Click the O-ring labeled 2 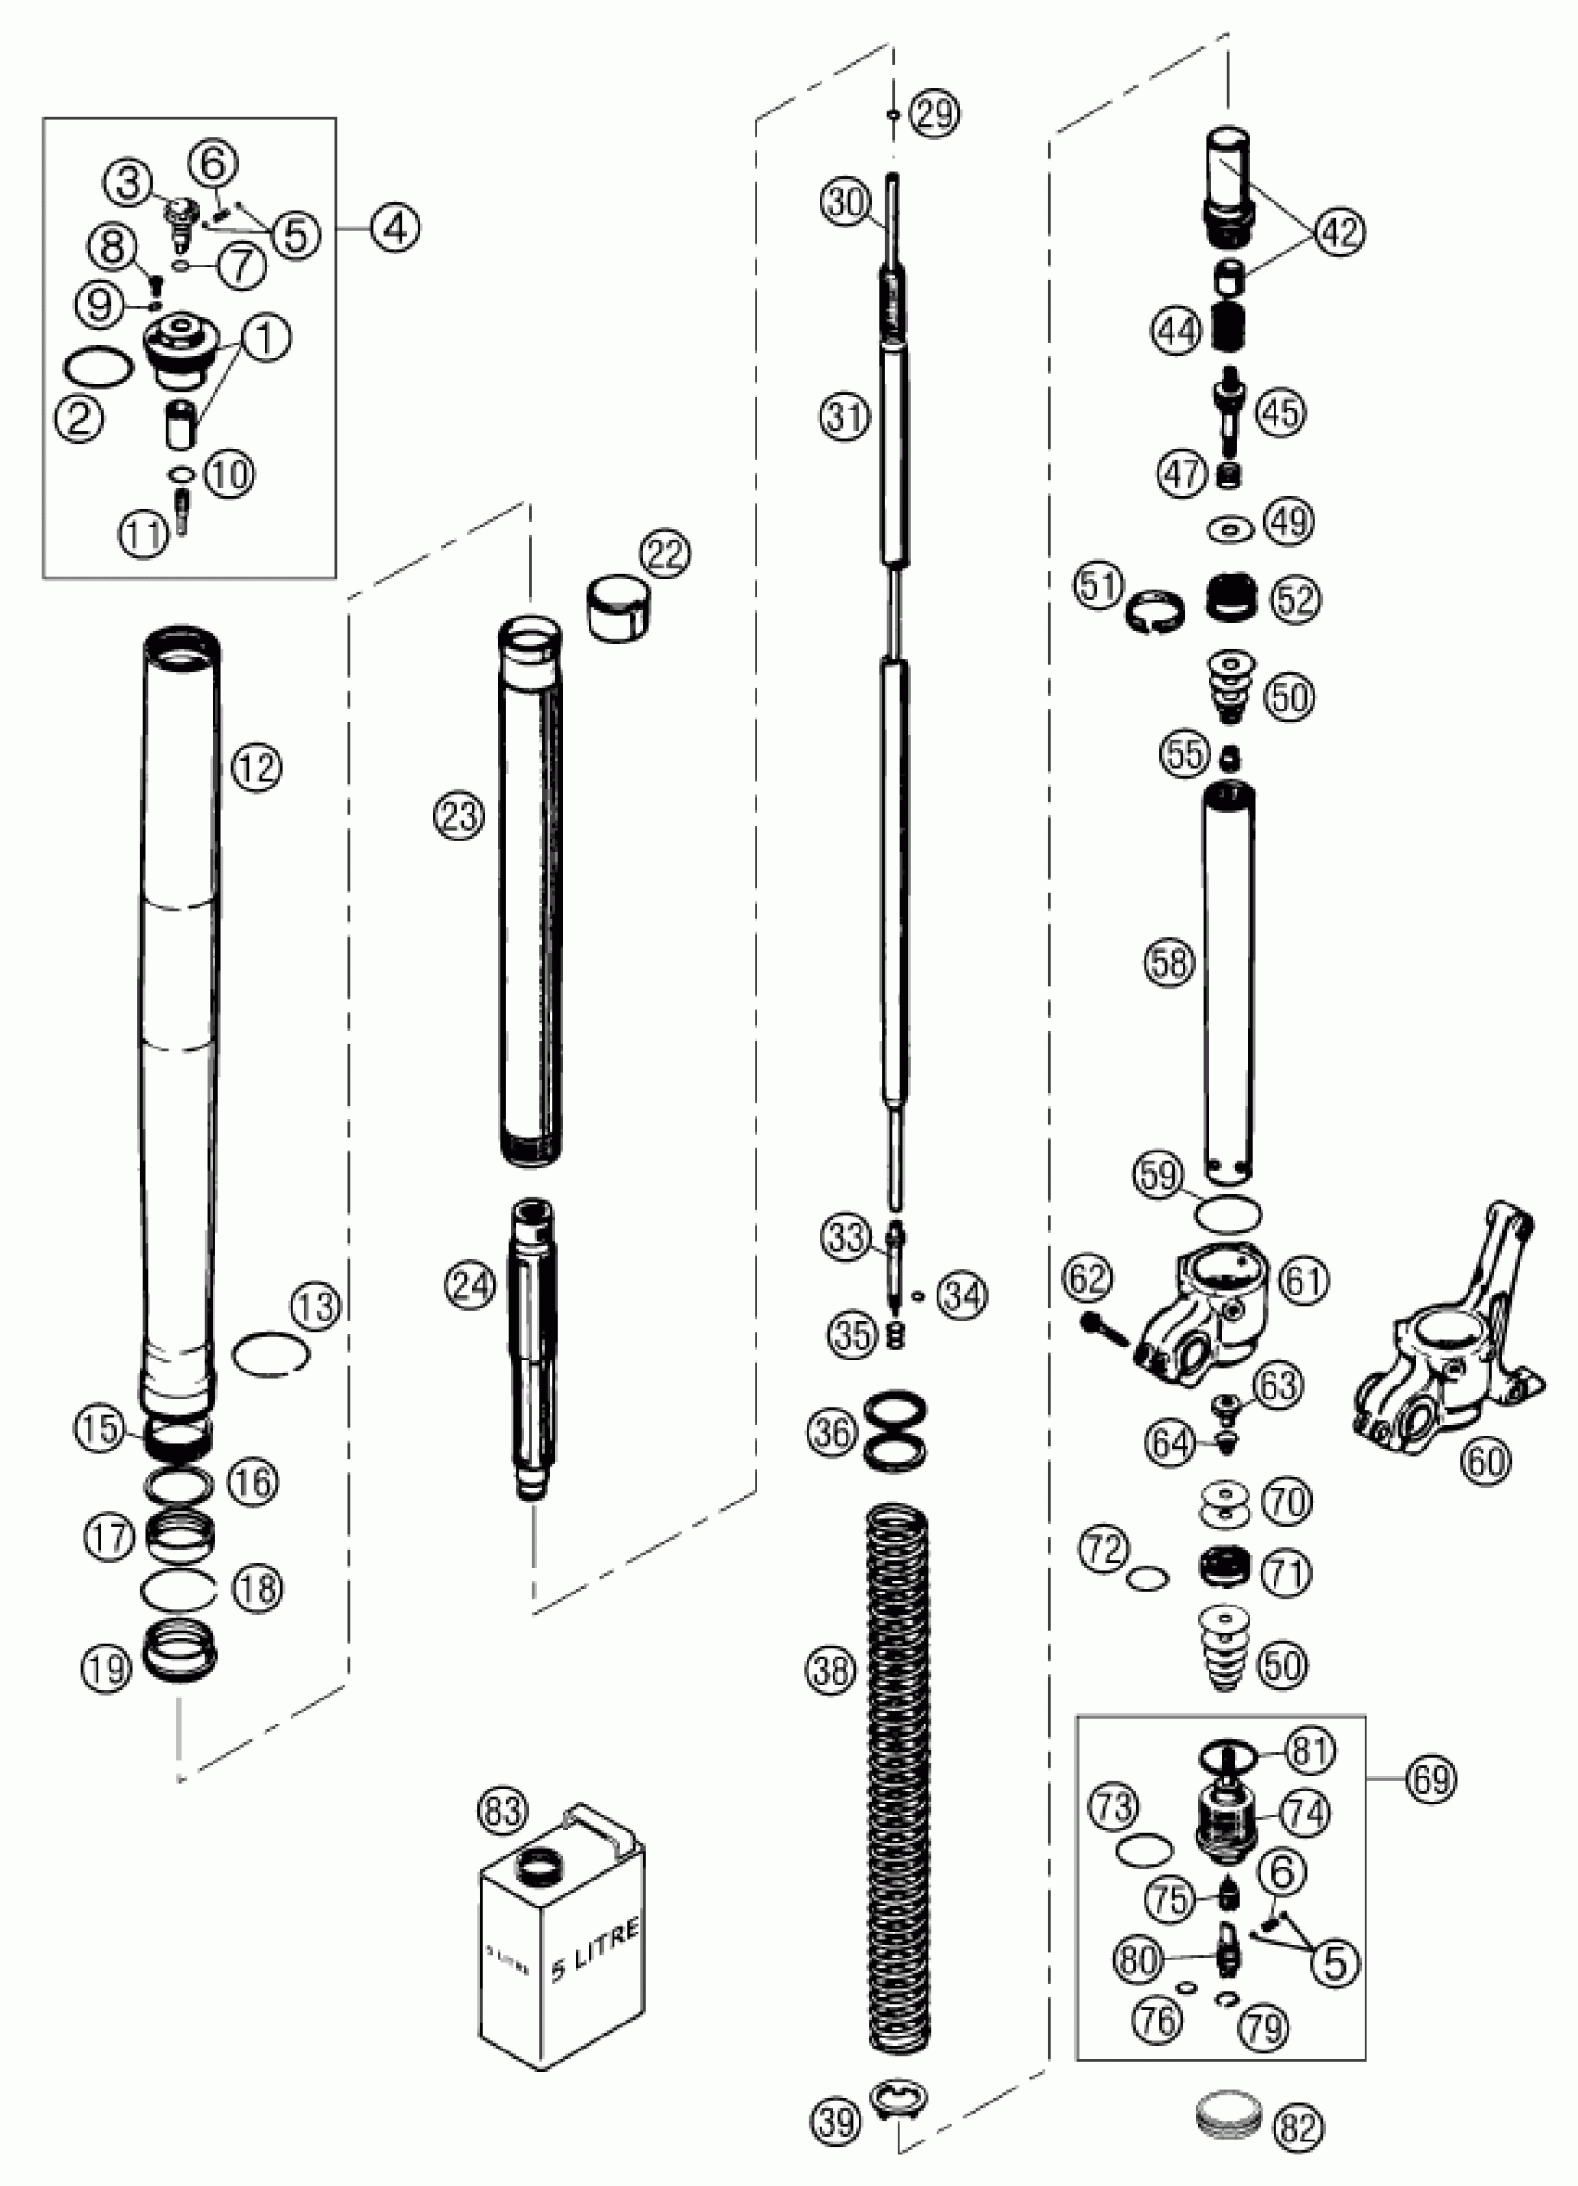(x=97, y=371)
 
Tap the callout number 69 (x=1431, y=1778)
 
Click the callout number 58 (x=1170, y=962)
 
